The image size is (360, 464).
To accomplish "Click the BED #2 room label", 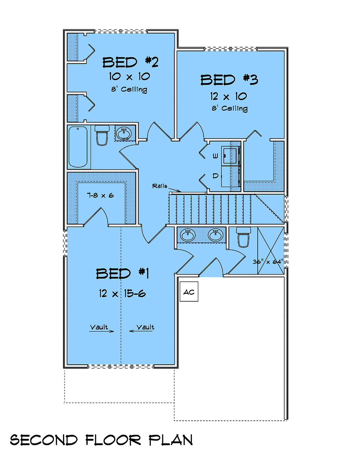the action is [130, 62].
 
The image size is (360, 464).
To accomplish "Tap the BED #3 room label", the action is [229, 80].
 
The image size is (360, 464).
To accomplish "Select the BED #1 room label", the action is [122, 273].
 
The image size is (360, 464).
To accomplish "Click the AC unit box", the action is [189, 291].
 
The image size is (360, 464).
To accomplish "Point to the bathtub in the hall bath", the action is [78, 147].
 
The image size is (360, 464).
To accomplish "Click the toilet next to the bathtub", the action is [102, 135].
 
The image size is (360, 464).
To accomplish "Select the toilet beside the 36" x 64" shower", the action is [243, 237].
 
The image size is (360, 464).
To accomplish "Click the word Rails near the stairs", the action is [160, 186].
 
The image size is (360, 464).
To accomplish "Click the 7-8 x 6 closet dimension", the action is [100, 195].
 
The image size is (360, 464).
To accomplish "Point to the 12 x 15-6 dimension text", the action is [122, 293].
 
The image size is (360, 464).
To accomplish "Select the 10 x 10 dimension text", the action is [130, 76].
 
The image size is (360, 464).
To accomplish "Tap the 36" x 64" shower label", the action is [268, 262].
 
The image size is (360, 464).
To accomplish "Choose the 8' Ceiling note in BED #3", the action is [230, 109].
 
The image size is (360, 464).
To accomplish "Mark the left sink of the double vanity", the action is [187, 235].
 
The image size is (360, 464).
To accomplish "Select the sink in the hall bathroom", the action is [124, 134].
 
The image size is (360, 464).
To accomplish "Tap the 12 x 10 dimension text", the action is [228, 96].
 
